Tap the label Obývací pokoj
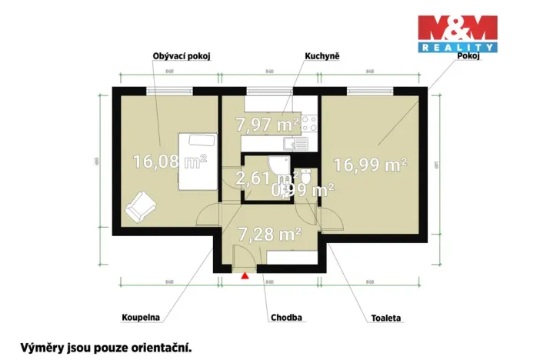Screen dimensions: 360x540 pos(182,56)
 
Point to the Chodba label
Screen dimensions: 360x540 pos(286,317)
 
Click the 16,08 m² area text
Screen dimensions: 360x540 pos(170,162)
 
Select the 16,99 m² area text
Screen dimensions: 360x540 pos(370,164)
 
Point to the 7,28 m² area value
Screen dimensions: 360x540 pos(268,232)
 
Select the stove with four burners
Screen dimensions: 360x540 pos(310,123)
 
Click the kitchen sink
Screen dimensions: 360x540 pos(295,142)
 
